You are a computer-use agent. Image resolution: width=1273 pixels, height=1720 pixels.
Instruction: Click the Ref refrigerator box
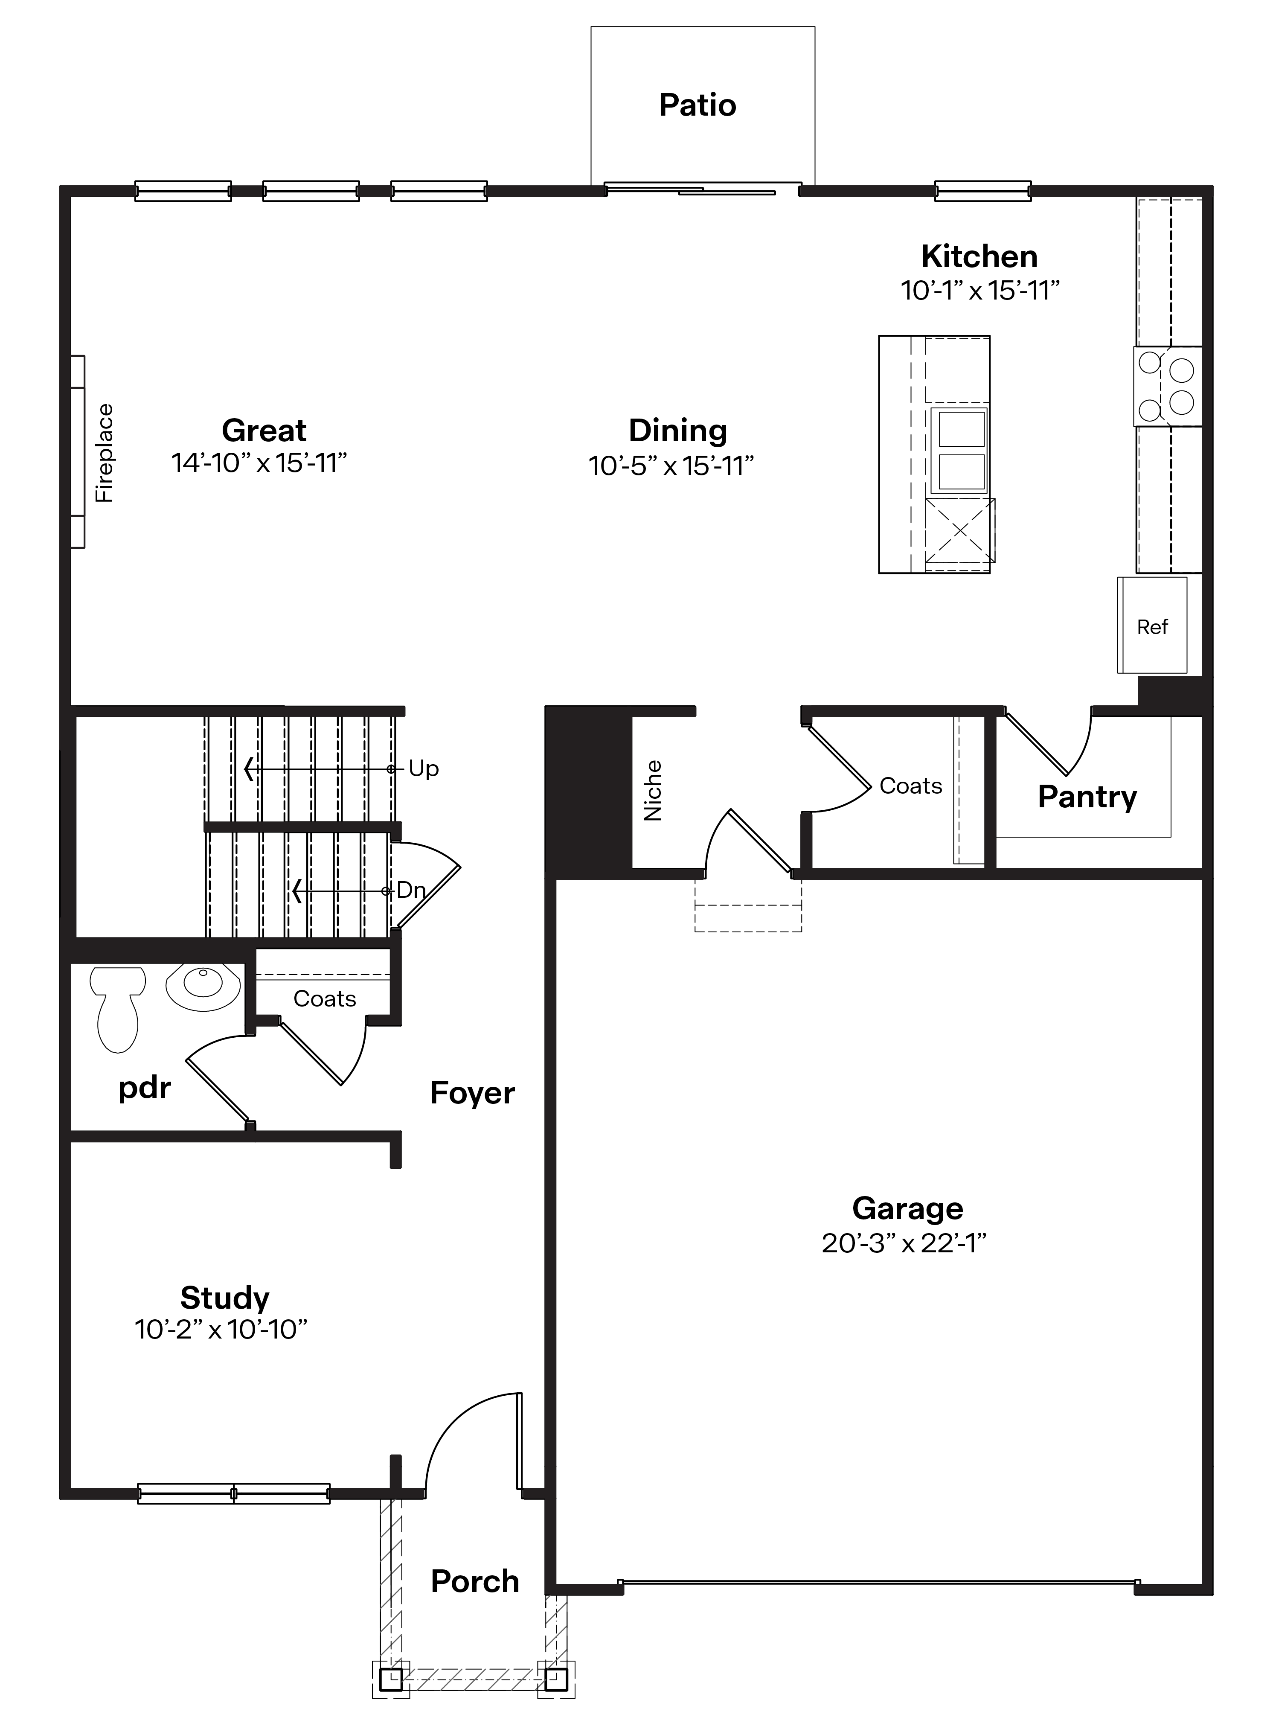pyautogui.click(x=1152, y=626)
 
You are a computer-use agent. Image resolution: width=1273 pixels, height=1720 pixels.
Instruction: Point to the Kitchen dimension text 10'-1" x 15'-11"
pyautogui.click(x=980, y=291)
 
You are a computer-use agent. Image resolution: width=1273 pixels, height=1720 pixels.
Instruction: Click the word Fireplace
pyautogui.click(x=104, y=453)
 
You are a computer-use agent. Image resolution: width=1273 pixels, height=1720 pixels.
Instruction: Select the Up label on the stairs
pyautogui.click(x=423, y=768)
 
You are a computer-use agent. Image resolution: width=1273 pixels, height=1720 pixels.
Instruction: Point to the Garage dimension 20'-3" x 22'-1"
pyautogui.click(x=904, y=1243)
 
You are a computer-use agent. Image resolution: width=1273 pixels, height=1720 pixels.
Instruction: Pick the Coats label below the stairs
pyautogui.click(x=324, y=999)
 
